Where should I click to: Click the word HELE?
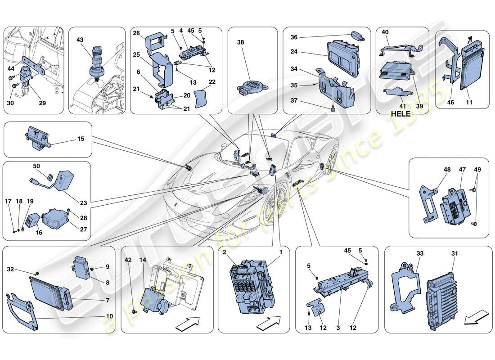[400, 113]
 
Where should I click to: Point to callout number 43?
[81, 40]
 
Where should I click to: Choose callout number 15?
[80, 139]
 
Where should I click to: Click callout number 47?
[462, 170]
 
